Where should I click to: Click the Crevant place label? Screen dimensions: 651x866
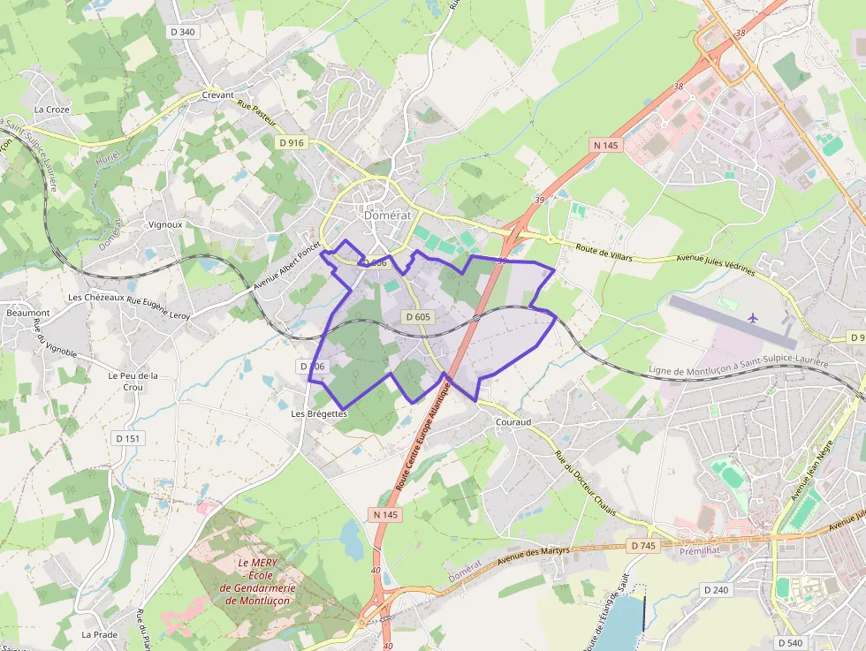coord(218,95)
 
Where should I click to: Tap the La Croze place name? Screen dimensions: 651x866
coord(51,110)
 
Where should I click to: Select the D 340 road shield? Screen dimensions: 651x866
coord(181,32)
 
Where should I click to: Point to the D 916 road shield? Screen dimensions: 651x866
coord(291,142)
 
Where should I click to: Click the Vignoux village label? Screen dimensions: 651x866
coord(165,224)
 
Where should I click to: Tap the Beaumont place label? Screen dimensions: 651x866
coord(28,313)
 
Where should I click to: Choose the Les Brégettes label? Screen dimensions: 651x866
coord(319,413)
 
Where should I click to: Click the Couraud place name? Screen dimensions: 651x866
coord(513,422)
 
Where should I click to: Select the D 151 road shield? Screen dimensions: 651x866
coord(127,438)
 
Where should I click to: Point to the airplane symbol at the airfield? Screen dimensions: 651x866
coord(753,317)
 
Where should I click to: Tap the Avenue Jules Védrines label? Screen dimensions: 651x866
coord(716,265)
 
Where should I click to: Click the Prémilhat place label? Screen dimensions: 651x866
coord(702,551)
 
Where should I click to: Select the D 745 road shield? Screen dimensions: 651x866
coord(644,546)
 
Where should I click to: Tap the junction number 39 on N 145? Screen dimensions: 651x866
coord(539,201)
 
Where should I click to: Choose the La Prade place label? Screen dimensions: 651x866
coord(99,634)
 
